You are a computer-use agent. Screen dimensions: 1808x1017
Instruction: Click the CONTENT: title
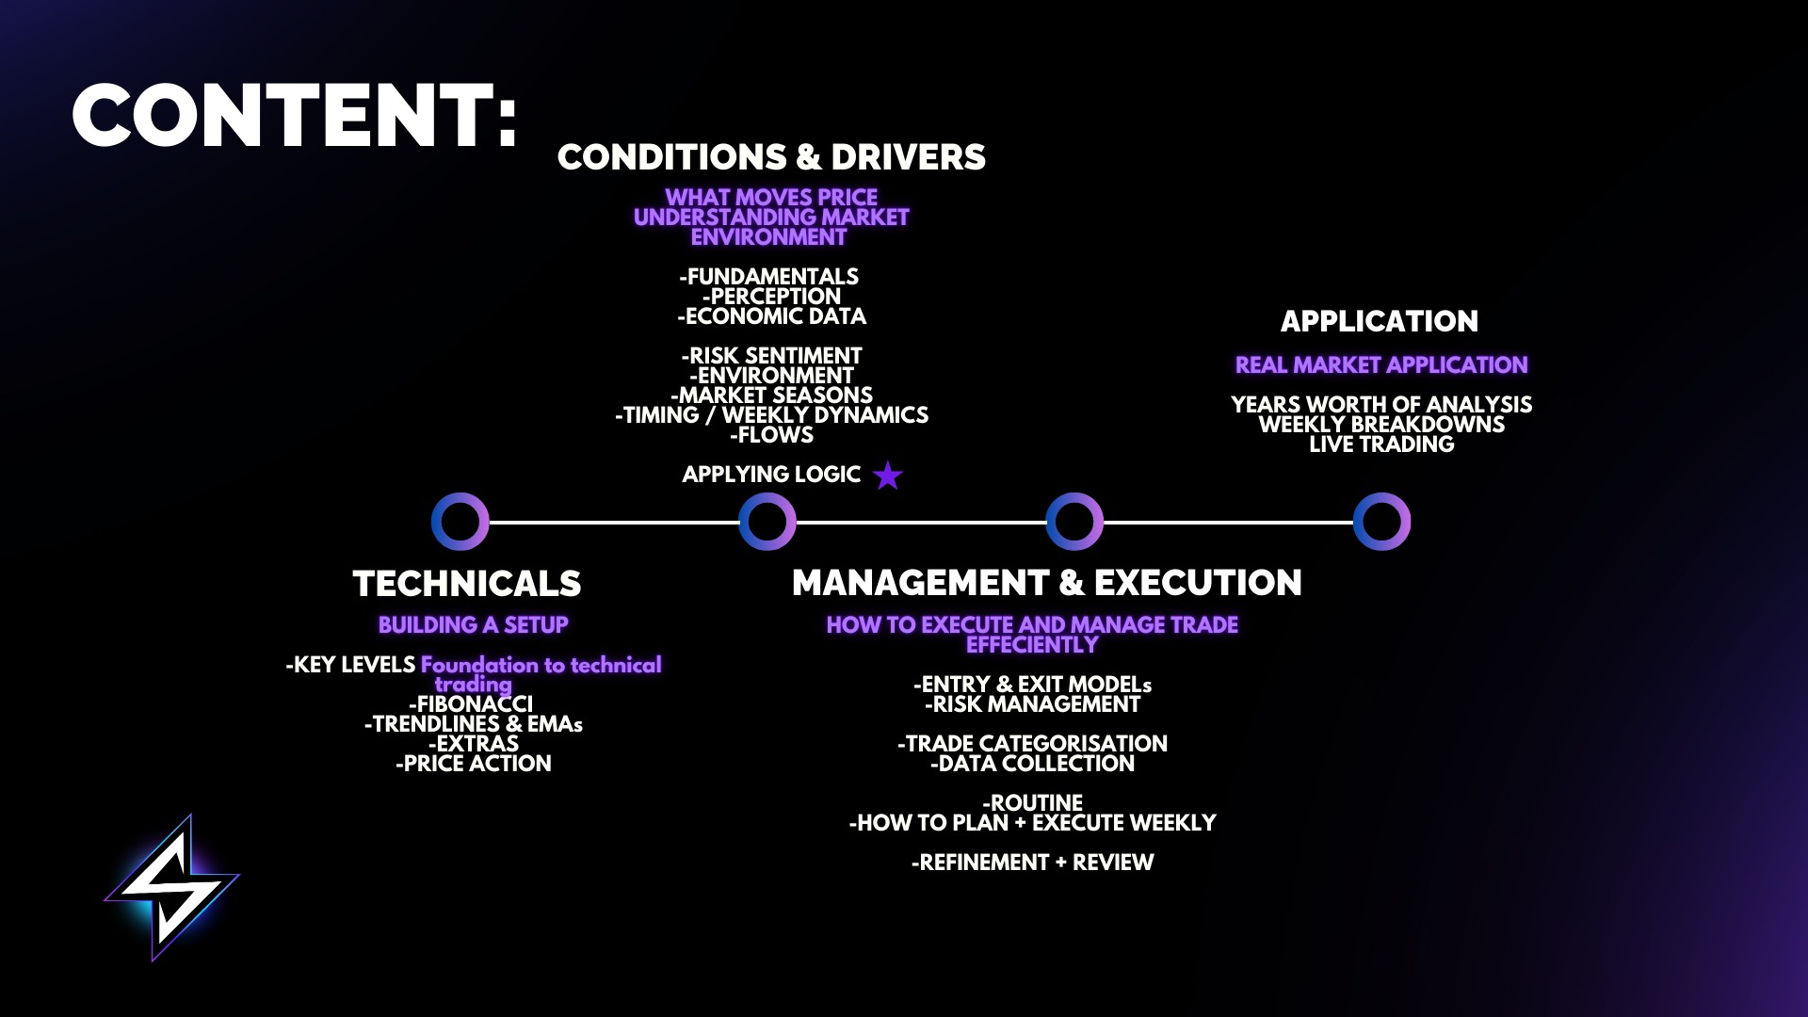pyautogui.click(x=295, y=116)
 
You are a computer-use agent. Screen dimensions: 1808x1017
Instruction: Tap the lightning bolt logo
pyautogui.click(x=171, y=887)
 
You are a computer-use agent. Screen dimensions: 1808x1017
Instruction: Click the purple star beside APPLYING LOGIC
pyautogui.click(x=887, y=476)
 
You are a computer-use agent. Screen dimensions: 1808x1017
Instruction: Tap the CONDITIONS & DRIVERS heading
pyautogui.click(x=771, y=157)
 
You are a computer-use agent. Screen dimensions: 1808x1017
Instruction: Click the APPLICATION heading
pyautogui.click(x=1380, y=321)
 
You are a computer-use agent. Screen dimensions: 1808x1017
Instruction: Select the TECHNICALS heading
pyautogui.click(x=467, y=584)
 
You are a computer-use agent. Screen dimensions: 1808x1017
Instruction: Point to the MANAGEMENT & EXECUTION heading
pyautogui.click(x=1047, y=583)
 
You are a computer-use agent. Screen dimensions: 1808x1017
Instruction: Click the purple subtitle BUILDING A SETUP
pyautogui.click(x=474, y=625)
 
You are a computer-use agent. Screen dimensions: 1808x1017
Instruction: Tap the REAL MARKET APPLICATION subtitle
pyautogui.click(x=1381, y=365)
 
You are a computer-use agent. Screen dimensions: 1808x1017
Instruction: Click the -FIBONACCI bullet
pyautogui.click(x=471, y=704)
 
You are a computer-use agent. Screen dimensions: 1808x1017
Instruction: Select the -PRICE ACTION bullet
pyautogui.click(x=474, y=764)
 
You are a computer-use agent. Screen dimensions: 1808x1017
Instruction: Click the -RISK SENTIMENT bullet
pyautogui.click(x=771, y=356)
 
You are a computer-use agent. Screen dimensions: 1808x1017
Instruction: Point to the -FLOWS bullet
pyautogui.click(x=771, y=435)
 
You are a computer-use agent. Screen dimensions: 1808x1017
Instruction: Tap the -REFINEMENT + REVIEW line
pyautogui.click(x=1032, y=863)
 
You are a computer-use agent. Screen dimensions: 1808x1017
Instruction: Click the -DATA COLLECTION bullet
pyautogui.click(x=1032, y=764)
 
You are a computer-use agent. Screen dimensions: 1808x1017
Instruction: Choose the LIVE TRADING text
pyautogui.click(x=1381, y=444)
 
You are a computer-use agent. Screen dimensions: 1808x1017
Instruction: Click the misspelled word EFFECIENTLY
pyautogui.click(x=1032, y=645)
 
